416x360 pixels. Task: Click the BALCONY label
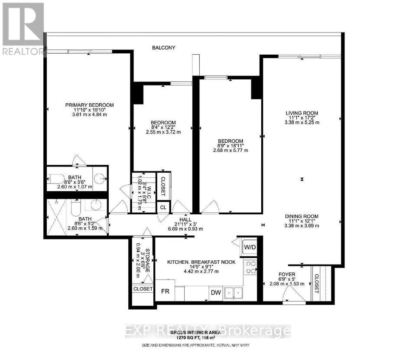point(163,48)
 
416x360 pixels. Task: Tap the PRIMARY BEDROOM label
point(89,105)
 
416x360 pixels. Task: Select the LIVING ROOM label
point(302,114)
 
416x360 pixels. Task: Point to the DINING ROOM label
point(302,216)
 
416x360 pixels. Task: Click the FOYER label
point(287,275)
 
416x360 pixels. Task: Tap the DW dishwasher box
point(216,293)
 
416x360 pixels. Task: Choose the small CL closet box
point(163,207)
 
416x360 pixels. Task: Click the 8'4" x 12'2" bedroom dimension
point(163,127)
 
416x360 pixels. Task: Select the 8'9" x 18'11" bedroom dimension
point(230,146)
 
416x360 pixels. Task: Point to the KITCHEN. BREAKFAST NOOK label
point(201,262)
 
